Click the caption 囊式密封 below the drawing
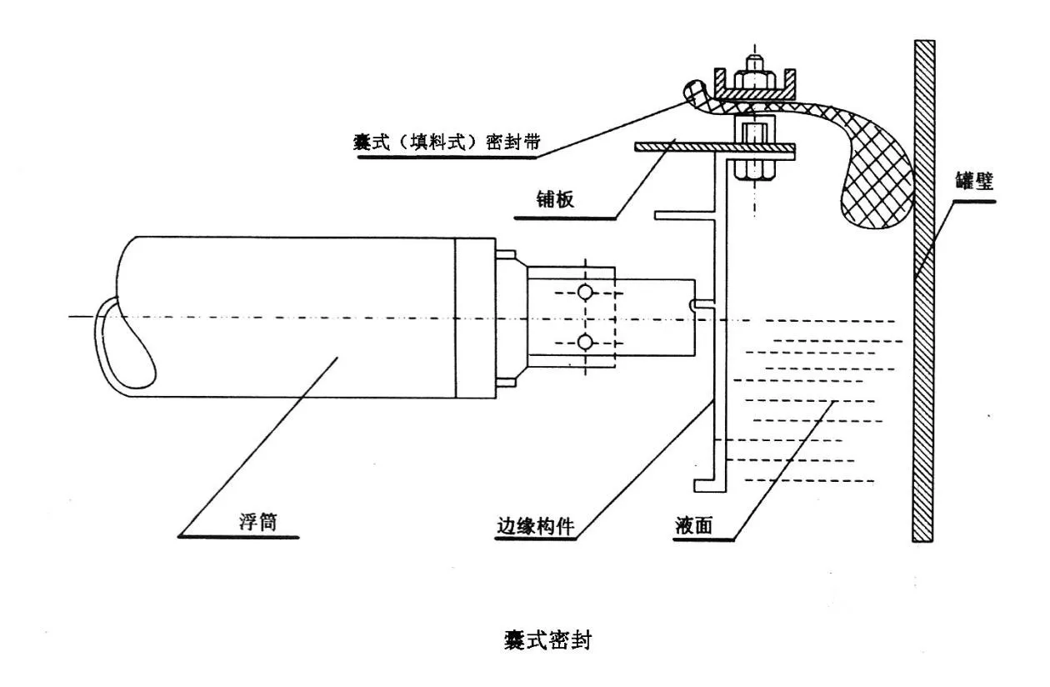(x=547, y=641)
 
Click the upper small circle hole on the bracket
(x=586, y=291)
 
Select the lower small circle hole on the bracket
(x=586, y=341)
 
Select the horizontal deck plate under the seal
(x=667, y=148)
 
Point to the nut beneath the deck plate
(x=755, y=169)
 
